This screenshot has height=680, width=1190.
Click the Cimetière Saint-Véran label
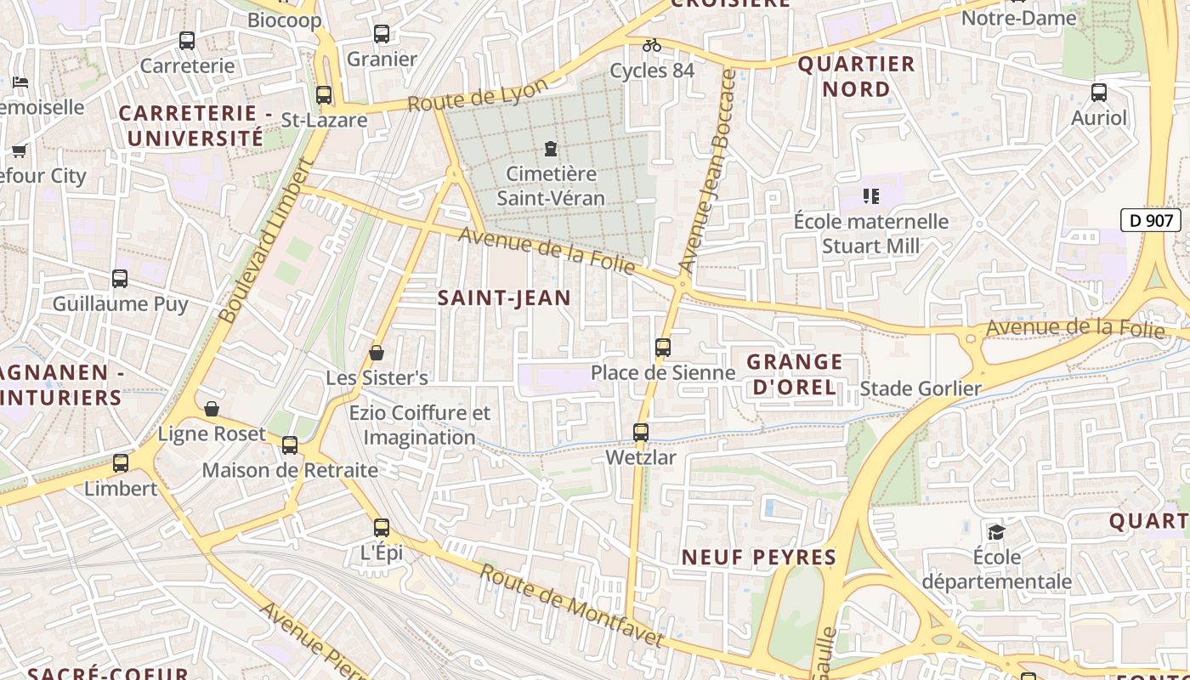coord(551,186)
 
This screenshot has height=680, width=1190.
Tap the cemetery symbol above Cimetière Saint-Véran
coord(551,150)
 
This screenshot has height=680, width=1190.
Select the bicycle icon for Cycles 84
coord(652,45)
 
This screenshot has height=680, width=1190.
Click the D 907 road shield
coord(1151,221)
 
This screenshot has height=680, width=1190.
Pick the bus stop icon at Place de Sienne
coord(663,348)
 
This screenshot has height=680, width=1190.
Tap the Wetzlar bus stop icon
coord(641,433)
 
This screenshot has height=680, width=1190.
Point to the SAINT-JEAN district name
coord(503,297)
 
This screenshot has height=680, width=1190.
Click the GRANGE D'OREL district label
coord(794,375)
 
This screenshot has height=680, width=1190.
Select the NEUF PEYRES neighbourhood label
coord(759,558)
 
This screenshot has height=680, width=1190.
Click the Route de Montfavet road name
coord(570,604)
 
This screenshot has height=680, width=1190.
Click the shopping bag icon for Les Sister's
coord(377,353)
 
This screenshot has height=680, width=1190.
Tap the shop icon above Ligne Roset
coord(212,410)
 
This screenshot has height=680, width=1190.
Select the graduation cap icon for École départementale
coord(996,532)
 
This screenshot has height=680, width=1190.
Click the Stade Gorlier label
coord(921,389)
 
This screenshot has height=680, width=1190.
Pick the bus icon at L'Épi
coord(382,528)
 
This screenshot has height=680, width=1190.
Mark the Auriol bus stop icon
coord(1098,93)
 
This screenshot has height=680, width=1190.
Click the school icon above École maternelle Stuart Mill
coord(870,197)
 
